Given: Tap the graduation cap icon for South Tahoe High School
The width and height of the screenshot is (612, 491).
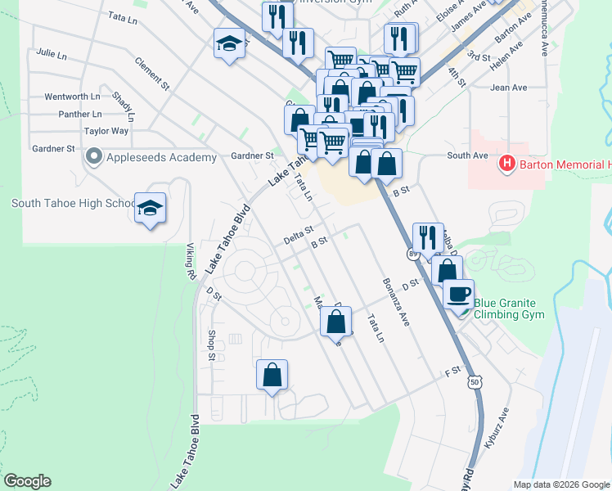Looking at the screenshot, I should [151, 209].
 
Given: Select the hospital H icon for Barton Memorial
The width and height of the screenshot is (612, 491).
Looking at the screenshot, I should [507, 164].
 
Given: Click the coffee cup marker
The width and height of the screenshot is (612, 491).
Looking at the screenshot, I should [459, 293].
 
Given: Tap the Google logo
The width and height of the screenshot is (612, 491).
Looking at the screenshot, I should [27, 481].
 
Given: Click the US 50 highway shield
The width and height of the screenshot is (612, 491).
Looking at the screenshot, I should [475, 381].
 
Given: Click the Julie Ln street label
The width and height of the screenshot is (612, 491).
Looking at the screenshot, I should [51, 54].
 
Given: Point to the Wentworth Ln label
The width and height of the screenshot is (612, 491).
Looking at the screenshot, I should [71, 97].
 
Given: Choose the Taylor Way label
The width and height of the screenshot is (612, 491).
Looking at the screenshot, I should [106, 131].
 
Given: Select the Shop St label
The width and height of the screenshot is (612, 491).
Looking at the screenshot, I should [211, 345].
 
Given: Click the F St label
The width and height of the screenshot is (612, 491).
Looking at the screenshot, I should [452, 372].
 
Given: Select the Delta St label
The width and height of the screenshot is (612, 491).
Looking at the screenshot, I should [299, 235].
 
